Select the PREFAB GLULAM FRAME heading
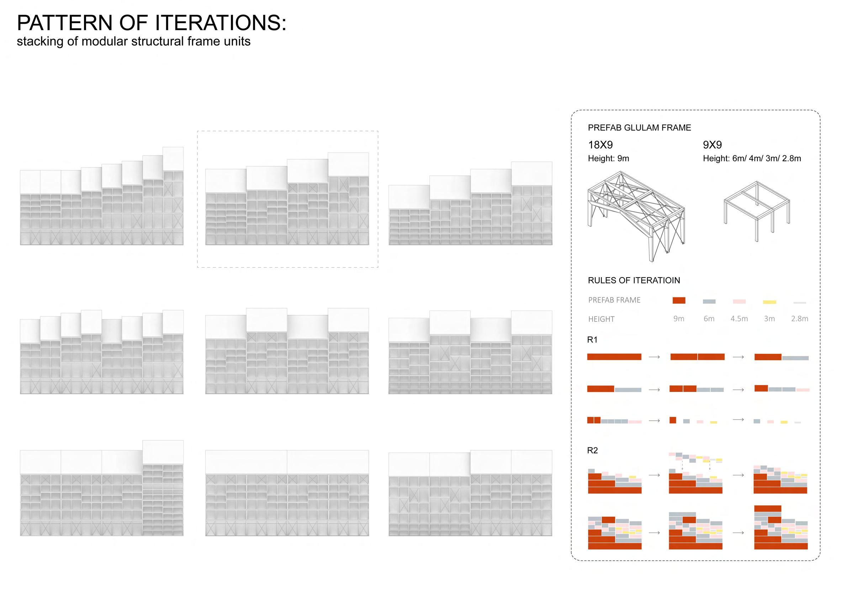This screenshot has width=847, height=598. pos(639,128)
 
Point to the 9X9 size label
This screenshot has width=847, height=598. pos(712,145)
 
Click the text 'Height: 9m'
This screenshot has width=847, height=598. pos(608,158)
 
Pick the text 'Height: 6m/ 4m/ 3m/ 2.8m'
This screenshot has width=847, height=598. pos(752,158)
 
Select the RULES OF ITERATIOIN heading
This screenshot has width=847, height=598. pos(634,280)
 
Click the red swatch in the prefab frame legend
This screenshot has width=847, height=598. pos(679,300)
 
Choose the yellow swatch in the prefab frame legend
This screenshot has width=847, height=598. pos(769,302)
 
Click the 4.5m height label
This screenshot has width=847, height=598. pos(739,319)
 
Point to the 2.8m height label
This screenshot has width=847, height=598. pos(799,319)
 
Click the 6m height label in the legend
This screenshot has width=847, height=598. pos(709,319)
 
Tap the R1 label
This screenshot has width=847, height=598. pos(592,340)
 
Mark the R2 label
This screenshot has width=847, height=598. pos(592,451)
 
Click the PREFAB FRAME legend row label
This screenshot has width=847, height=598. pos(614,300)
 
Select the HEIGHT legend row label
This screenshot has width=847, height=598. pos(601,319)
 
